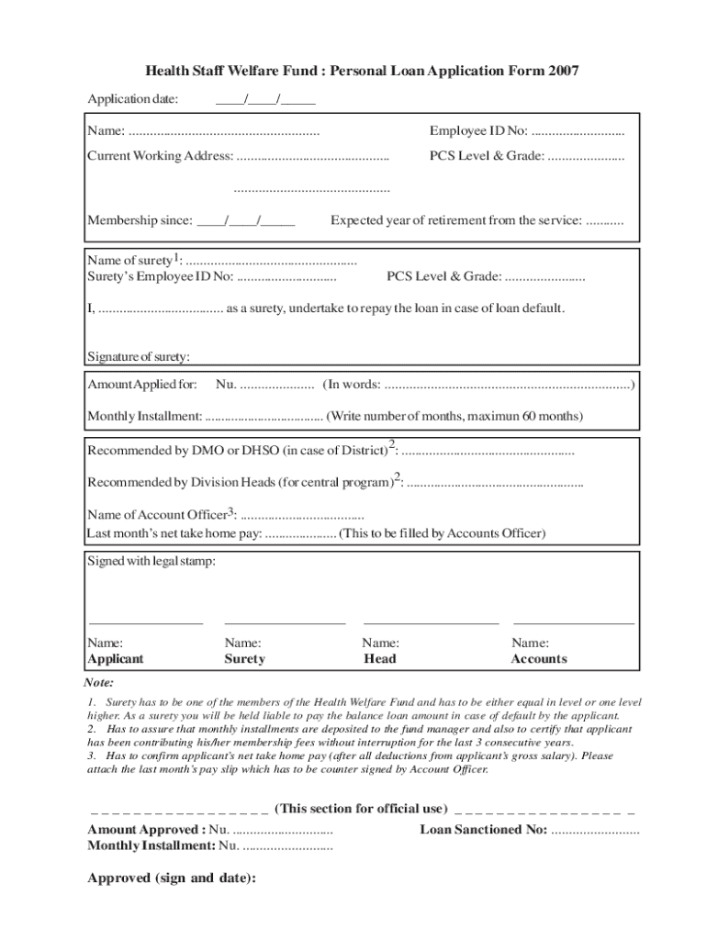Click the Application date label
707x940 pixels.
click(x=132, y=99)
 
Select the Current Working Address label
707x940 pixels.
click(x=160, y=156)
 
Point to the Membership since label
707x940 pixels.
click(x=140, y=220)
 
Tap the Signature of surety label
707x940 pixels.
click(x=138, y=356)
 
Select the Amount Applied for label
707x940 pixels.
click(x=141, y=384)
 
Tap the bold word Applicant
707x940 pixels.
click(x=115, y=659)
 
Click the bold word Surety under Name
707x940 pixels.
click(x=244, y=659)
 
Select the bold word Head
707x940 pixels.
click(x=380, y=659)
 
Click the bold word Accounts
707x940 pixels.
click(x=539, y=659)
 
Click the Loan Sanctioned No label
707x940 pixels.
click(x=483, y=830)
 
